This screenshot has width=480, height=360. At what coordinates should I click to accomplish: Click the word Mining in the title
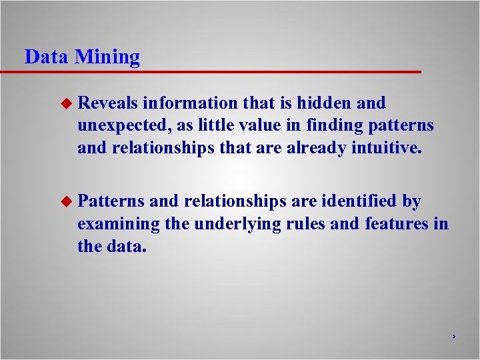[x=107, y=57]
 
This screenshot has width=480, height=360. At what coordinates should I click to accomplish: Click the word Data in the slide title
[x=46, y=57]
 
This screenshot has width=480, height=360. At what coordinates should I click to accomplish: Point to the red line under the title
[x=220, y=71]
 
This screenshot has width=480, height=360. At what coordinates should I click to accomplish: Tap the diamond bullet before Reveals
[x=65, y=103]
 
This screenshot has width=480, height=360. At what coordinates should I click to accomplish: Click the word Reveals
[x=107, y=103]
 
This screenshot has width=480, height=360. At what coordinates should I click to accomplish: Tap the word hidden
[x=323, y=103]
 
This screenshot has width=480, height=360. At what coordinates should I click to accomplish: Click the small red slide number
[x=453, y=337]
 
